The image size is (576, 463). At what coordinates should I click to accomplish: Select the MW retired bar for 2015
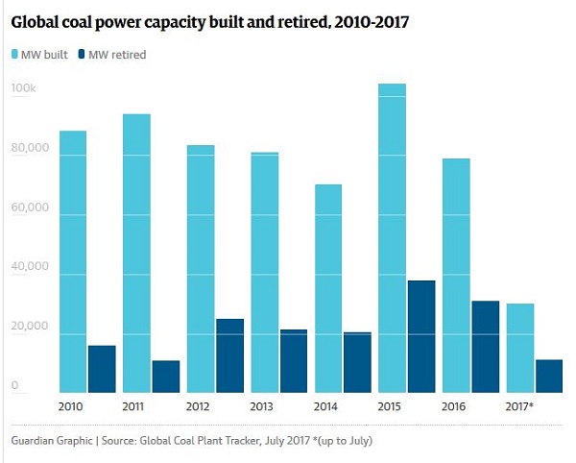421,336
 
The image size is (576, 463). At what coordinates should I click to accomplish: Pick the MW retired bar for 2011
165,377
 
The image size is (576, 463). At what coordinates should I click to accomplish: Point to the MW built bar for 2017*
520,348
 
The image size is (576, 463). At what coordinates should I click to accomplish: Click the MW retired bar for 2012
229,355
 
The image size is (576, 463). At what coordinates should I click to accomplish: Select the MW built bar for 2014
328,288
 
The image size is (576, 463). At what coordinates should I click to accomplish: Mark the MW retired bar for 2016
485,347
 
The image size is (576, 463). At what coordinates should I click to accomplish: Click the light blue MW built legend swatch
16,55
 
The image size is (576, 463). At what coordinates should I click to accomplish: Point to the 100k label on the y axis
23,89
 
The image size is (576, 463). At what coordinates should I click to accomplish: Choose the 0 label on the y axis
15,386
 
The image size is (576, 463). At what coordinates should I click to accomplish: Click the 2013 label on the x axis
263,406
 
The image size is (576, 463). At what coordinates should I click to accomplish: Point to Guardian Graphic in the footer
53,441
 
